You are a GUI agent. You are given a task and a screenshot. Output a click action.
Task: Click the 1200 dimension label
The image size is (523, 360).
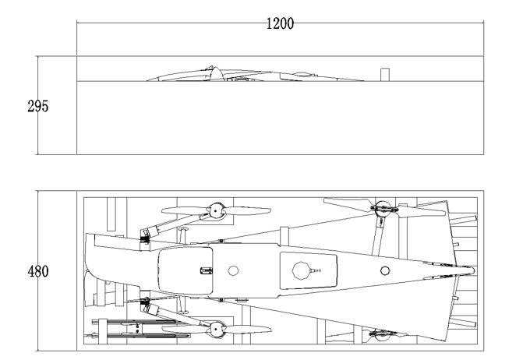280,23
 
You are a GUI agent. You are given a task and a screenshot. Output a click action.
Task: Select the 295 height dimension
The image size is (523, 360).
38,106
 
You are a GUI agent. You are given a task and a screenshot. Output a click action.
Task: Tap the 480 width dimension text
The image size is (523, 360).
38,271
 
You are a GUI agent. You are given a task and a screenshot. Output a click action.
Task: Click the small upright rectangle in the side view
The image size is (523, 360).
385,75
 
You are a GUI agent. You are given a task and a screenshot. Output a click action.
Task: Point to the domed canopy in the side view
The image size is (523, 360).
216,74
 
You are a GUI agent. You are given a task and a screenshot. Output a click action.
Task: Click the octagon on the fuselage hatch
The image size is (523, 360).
302,270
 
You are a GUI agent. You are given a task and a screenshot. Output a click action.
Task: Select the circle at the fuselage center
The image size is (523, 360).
234,270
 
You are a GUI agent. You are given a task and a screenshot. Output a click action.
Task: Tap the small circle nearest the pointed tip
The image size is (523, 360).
385,270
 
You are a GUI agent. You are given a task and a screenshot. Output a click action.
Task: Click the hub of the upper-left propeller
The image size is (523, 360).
216,210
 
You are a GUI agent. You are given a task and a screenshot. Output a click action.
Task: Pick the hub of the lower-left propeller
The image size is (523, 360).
216,330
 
